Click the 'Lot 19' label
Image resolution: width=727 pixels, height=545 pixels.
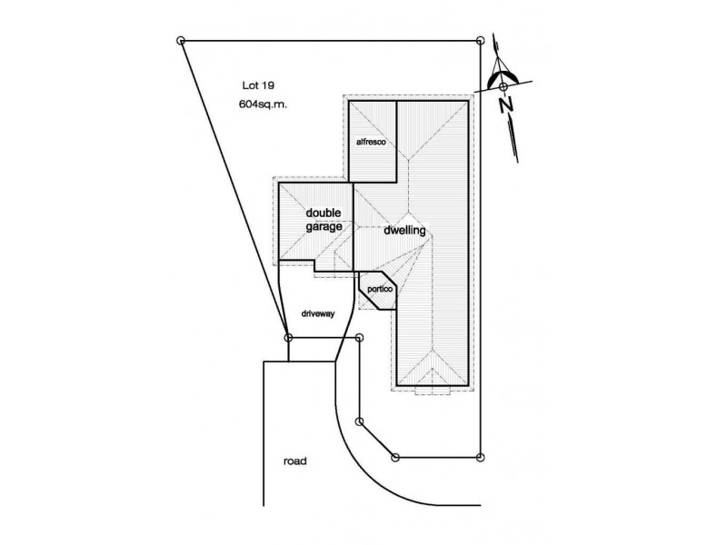pyautogui.click(x=258, y=85)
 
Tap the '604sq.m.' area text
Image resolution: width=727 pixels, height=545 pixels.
pyautogui.click(x=263, y=104)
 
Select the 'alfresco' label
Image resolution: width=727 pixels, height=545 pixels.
pyautogui.click(x=371, y=142)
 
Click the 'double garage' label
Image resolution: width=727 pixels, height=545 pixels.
pyautogui.click(x=324, y=220)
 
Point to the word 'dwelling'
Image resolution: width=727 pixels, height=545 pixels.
pyautogui.click(x=404, y=231)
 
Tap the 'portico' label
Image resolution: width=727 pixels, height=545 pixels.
pyautogui.click(x=380, y=289)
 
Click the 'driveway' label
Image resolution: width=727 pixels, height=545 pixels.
pyautogui.click(x=318, y=313)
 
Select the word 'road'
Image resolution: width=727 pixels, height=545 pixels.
pyautogui.click(x=294, y=461)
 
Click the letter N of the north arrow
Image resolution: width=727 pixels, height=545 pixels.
pyautogui.click(x=506, y=104)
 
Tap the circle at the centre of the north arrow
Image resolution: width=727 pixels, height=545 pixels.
pyautogui.click(x=503, y=86)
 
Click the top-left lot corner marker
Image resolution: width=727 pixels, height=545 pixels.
pyautogui.click(x=181, y=41)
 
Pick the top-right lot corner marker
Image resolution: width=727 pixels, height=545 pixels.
pyautogui.click(x=481, y=41)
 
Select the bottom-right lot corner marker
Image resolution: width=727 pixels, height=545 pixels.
pyautogui.click(x=481, y=458)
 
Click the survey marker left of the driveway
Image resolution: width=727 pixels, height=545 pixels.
pyautogui.click(x=288, y=337)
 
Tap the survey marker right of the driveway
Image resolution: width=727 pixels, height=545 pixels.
pyautogui.click(x=359, y=337)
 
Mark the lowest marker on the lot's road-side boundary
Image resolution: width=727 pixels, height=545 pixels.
pyautogui.click(x=395, y=458)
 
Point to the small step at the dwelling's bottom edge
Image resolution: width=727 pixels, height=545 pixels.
pyautogui.click(x=433, y=391)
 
